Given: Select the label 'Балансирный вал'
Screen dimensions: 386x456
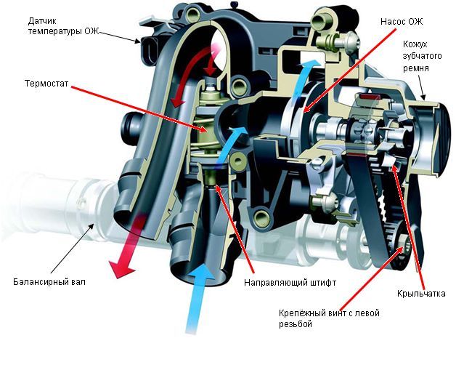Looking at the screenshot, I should point(49,281).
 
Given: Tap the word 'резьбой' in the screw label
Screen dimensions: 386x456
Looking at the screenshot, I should point(296,324).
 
